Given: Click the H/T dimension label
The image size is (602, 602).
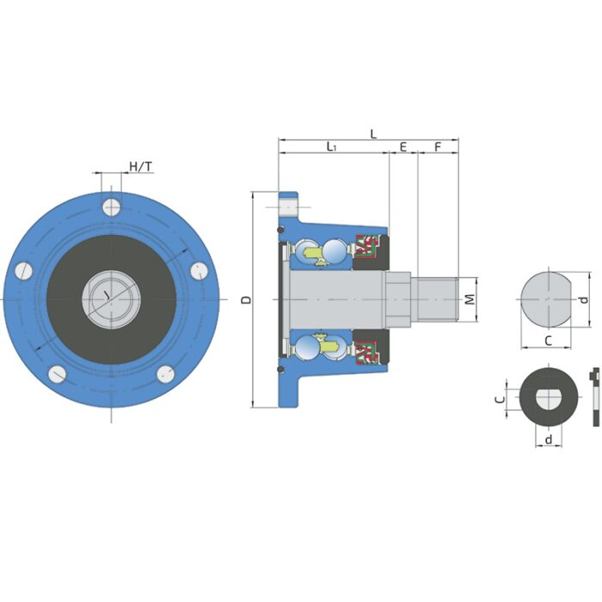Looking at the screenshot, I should [x=140, y=165].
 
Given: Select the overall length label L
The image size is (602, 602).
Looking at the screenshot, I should [x=372, y=133].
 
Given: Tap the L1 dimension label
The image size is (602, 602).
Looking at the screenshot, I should [x=331, y=148].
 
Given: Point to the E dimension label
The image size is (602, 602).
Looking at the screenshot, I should [x=402, y=148].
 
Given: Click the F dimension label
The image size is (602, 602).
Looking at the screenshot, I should [x=437, y=148].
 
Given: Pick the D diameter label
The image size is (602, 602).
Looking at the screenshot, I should [x=246, y=300].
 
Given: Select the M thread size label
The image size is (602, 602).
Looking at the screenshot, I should [x=470, y=299].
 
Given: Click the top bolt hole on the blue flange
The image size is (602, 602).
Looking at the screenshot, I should [x=110, y=206].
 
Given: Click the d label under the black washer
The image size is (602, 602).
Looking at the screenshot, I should [x=548, y=439].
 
